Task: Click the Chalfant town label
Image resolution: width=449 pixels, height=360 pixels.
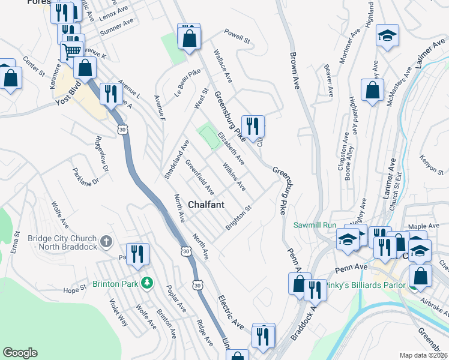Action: tap(206, 205)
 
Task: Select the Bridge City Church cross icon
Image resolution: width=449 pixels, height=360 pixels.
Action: tap(106, 242)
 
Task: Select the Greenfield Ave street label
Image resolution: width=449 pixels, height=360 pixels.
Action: tap(200, 177)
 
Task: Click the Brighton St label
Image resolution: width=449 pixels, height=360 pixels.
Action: tap(238, 218)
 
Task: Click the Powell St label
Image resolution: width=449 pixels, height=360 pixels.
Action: tap(237, 36)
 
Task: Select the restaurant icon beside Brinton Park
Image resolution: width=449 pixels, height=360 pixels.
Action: tap(137, 253)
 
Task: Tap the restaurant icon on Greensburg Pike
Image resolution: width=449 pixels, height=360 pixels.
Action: tap(253, 125)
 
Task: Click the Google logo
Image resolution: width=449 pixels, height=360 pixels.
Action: tap(20, 353)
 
